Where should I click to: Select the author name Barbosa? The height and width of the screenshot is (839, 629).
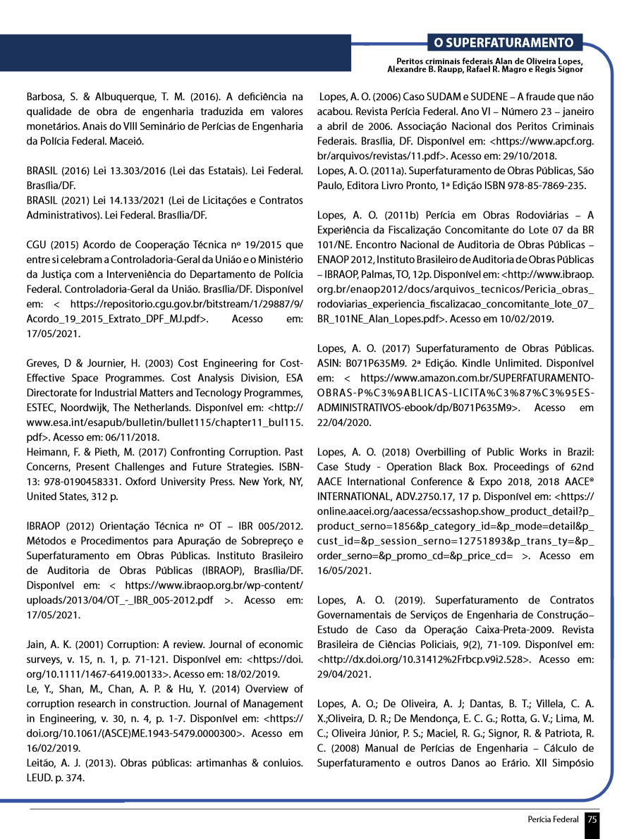click(44, 96)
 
